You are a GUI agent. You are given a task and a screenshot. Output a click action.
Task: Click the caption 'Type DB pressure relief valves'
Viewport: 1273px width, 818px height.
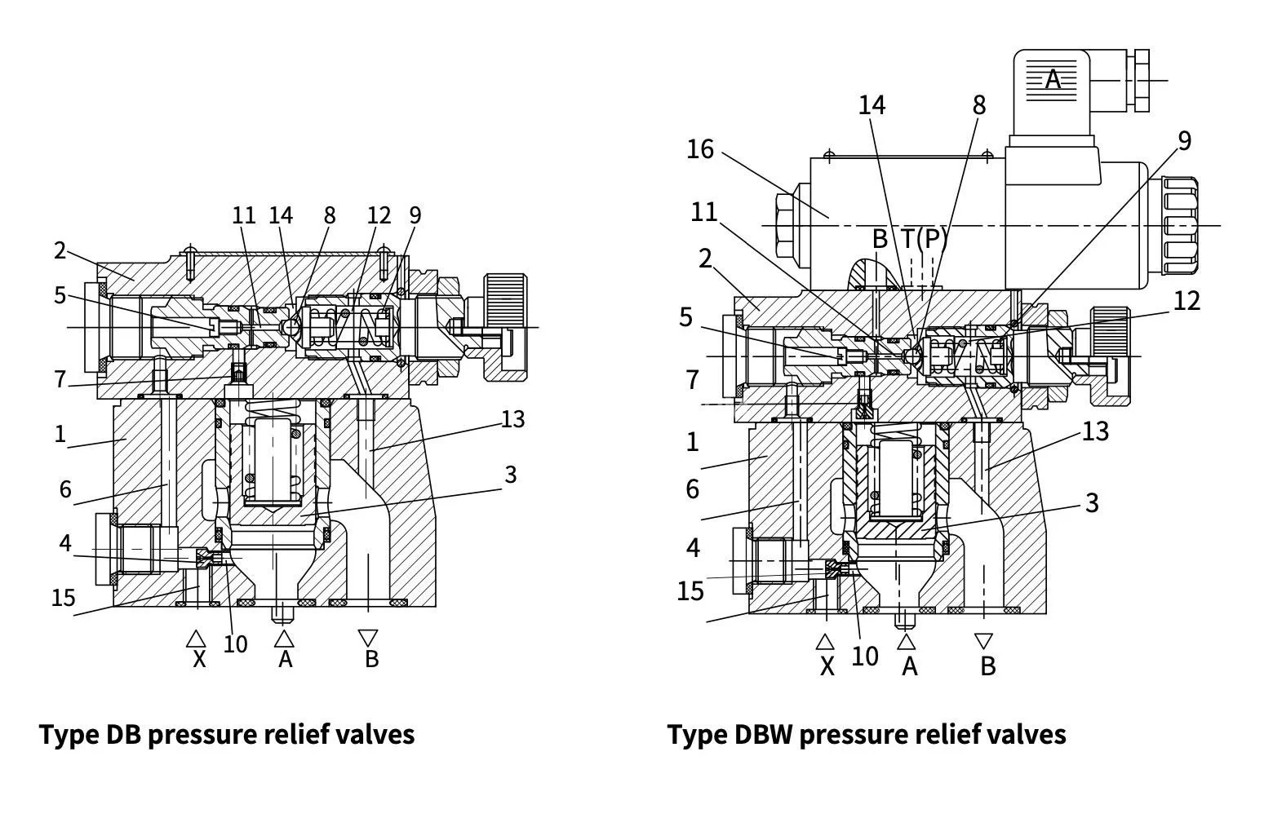(x=227, y=734)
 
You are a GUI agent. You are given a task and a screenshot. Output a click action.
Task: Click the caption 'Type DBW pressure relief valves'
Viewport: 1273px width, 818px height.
(x=867, y=734)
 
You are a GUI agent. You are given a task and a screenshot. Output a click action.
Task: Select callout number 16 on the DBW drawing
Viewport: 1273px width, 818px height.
(x=700, y=149)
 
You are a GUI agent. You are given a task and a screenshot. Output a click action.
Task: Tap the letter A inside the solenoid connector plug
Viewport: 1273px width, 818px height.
(x=1053, y=80)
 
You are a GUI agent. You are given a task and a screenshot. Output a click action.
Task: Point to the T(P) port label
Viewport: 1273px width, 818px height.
(x=925, y=238)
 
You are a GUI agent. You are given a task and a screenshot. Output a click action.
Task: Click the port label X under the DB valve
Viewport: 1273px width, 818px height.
(x=198, y=659)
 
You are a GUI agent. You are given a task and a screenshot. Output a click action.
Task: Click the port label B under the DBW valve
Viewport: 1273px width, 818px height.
(x=987, y=666)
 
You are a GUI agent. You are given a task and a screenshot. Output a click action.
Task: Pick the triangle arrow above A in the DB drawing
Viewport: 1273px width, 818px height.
(x=284, y=638)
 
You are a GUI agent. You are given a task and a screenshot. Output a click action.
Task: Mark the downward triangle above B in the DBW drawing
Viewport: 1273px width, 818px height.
(x=984, y=641)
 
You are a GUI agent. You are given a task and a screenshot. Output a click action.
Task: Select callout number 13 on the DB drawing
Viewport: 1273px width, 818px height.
(x=512, y=419)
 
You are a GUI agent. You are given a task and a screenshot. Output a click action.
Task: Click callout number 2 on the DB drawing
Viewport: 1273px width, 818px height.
(x=60, y=250)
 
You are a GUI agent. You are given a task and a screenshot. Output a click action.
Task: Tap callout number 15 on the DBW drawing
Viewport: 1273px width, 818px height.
(x=690, y=590)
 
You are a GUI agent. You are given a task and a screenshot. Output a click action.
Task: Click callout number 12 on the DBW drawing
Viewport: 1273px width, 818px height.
(x=1187, y=301)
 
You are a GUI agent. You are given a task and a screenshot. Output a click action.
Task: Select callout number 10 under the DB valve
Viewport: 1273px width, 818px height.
(x=235, y=644)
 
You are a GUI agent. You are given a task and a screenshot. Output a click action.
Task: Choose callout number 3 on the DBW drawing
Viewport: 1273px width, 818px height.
(x=1093, y=503)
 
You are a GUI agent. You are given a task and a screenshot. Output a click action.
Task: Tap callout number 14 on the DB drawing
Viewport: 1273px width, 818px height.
(x=281, y=215)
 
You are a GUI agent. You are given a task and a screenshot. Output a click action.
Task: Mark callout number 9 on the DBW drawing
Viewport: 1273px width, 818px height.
(x=1184, y=141)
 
